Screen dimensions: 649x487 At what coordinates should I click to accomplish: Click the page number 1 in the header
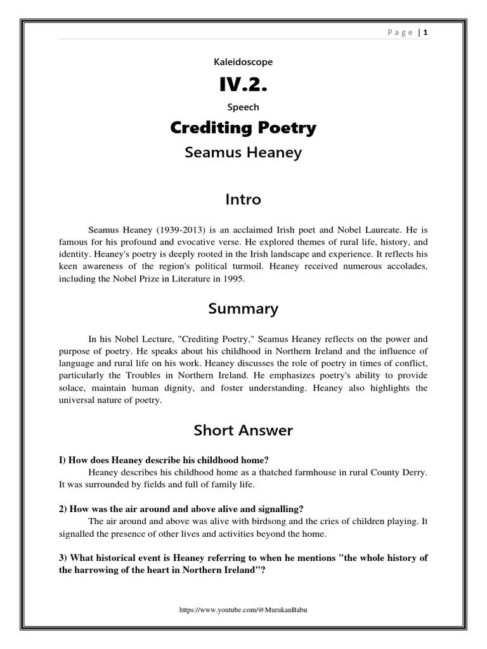click(426, 32)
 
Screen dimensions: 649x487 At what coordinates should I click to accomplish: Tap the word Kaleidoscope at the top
click(243, 62)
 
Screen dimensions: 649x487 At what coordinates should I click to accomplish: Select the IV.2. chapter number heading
click(243, 84)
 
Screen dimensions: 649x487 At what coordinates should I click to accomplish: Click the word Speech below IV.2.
click(243, 107)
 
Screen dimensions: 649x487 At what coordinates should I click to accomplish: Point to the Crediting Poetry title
click(243, 128)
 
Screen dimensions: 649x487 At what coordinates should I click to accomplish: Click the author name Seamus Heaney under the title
click(243, 153)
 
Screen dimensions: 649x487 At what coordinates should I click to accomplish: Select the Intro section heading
click(243, 200)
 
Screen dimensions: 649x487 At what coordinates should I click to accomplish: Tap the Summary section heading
click(243, 309)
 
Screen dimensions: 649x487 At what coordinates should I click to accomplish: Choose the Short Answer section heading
click(243, 431)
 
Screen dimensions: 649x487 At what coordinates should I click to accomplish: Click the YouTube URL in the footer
click(243, 609)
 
